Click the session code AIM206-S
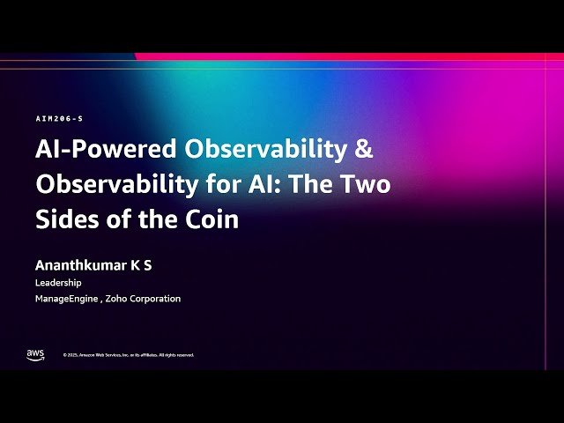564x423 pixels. click(59, 118)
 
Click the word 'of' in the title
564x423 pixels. click(119, 219)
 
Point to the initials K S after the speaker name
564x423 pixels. click(141, 265)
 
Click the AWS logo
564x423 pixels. click(35, 354)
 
